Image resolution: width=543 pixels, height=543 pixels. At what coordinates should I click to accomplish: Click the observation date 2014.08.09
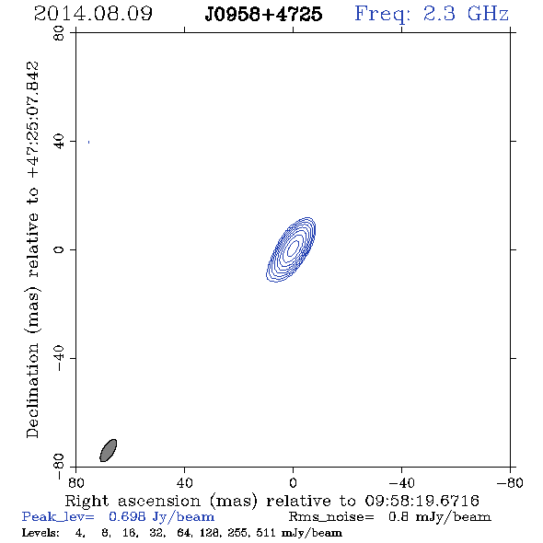click(93, 14)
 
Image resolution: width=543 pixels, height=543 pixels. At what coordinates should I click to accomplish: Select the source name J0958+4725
click(263, 15)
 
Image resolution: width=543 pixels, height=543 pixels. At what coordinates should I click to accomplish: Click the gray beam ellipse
click(109, 450)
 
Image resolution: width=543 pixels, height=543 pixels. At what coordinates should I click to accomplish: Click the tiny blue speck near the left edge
click(89, 142)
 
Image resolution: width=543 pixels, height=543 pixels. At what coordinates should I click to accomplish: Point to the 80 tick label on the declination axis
click(59, 33)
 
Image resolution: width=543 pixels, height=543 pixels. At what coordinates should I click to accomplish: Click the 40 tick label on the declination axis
click(59, 142)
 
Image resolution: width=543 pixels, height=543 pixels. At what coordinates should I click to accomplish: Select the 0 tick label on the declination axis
click(59, 249)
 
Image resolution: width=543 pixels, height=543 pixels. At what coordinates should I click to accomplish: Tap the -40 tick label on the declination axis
click(59, 358)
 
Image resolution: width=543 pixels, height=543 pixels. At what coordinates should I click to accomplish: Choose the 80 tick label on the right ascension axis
click(75, 483)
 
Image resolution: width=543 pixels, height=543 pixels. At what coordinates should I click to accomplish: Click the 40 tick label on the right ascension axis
click(184, 483)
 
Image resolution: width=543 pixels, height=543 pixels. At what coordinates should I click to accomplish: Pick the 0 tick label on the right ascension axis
click(293, 483)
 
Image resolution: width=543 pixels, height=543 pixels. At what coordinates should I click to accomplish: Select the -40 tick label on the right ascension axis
click(401, 483)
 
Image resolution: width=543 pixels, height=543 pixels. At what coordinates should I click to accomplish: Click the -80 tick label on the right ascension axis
click(510, 483)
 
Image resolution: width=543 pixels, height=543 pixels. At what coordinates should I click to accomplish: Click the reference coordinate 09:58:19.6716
click(422, 501)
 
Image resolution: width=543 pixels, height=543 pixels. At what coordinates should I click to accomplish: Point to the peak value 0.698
click(127, 516)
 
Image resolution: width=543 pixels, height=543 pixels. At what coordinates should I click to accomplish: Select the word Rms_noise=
click(331, 517)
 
